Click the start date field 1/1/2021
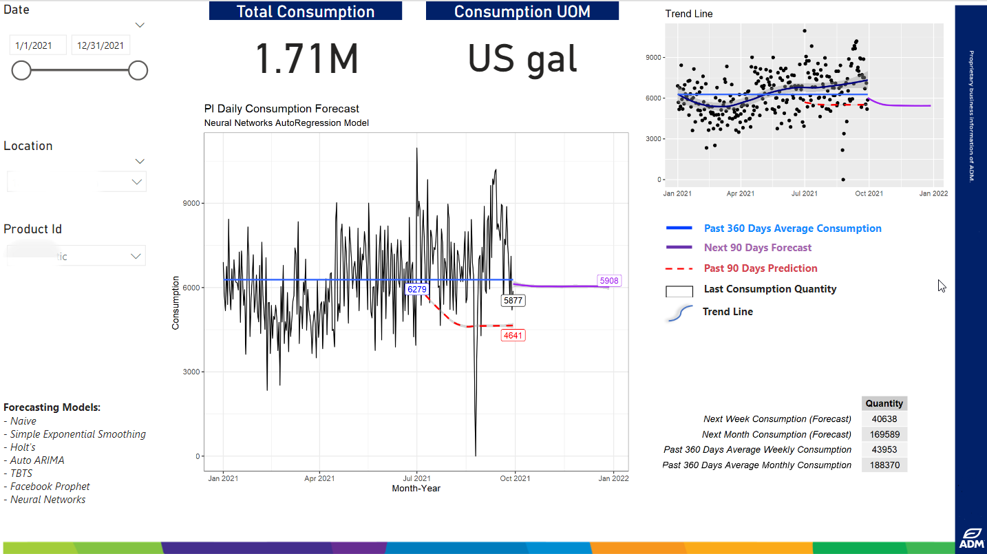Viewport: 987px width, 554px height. click(x=38, y=45)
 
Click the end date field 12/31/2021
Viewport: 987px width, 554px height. click(x=100, y=45)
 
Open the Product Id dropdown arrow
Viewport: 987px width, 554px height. click(x=136, y=256)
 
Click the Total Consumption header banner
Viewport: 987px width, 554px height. click(x=306, y=12)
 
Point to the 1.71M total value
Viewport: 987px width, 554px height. click(x=307, y=59)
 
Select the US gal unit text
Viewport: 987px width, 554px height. click(x=522, y=59)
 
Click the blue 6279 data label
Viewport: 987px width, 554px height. click(x=417, y=290)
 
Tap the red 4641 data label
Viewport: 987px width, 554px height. click(x=513, y=336)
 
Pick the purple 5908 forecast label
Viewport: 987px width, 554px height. click(x=609, y=281)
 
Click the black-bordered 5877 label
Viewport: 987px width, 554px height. click(x=513, y=301)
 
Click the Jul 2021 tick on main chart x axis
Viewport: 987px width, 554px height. click(x=416, y=478)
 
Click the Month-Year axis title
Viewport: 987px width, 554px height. click(x=416, y=489)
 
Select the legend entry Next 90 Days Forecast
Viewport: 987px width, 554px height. click(x=757, y=248)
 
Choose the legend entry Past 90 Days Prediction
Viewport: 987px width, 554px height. click(x=760, y=268)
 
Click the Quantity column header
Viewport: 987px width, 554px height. click(x=884, y=404)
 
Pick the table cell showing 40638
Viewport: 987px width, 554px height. click(x=884, y=419)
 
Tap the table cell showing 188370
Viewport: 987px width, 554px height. click(x=884, y=465)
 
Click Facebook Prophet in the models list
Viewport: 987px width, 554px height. click(x=50, y=487)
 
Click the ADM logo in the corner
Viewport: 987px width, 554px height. click(x=970, y=539)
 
